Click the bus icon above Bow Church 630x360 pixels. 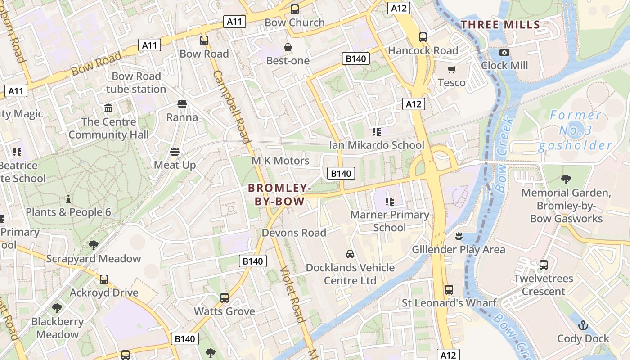pyautogui.click(x=295, y=9)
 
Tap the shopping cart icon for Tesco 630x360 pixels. pyautogui.click(x=452, y=69)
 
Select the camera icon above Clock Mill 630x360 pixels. pyautogui.click(x=504, y=52)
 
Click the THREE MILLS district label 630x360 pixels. pyautogui.click(x=500, y=24)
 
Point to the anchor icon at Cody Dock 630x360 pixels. pyautogui.click(x=583, y=325)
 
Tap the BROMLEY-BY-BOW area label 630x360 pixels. pyautogui.click(x=279, y=194)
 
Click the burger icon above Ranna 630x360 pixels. pyautogui.click(x=182, y=104)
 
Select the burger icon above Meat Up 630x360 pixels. pyautogui.click(x=175, y=152)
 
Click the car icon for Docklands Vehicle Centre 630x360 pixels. pyautogui.click(x=350, y=254)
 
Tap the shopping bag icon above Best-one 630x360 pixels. pyautogui.click(x=288, y=47)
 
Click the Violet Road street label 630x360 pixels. pyautogui.click(x=292, y=294)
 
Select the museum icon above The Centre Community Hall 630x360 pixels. pyautogui.click(x=108, y=108)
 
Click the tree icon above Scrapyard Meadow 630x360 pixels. pyautogui.click(x=94, y=245)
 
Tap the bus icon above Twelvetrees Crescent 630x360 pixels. pyautogui.click(x=544, y=265)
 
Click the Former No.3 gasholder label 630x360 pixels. pyautogui.click(x=576, y=130)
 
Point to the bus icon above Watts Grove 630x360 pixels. pyautogui.click(x=225, y=298)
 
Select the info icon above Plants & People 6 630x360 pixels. pyautogui.click(x=68, y=199)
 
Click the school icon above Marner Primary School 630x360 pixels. pyautogui.click(x=390, y=201)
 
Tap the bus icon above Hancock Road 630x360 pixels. pyautogui.click(x=423, y=37)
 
